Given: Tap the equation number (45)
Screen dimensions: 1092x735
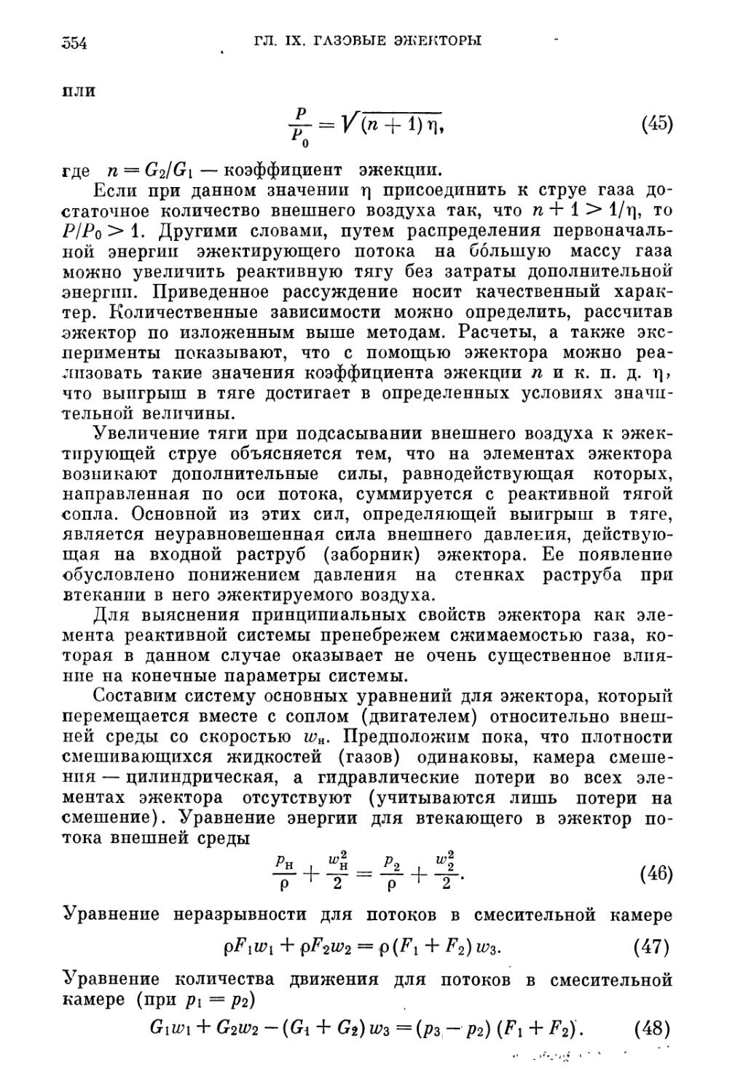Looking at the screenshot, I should (656, 124).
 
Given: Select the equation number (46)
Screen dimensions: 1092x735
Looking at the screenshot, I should (655, 873).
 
